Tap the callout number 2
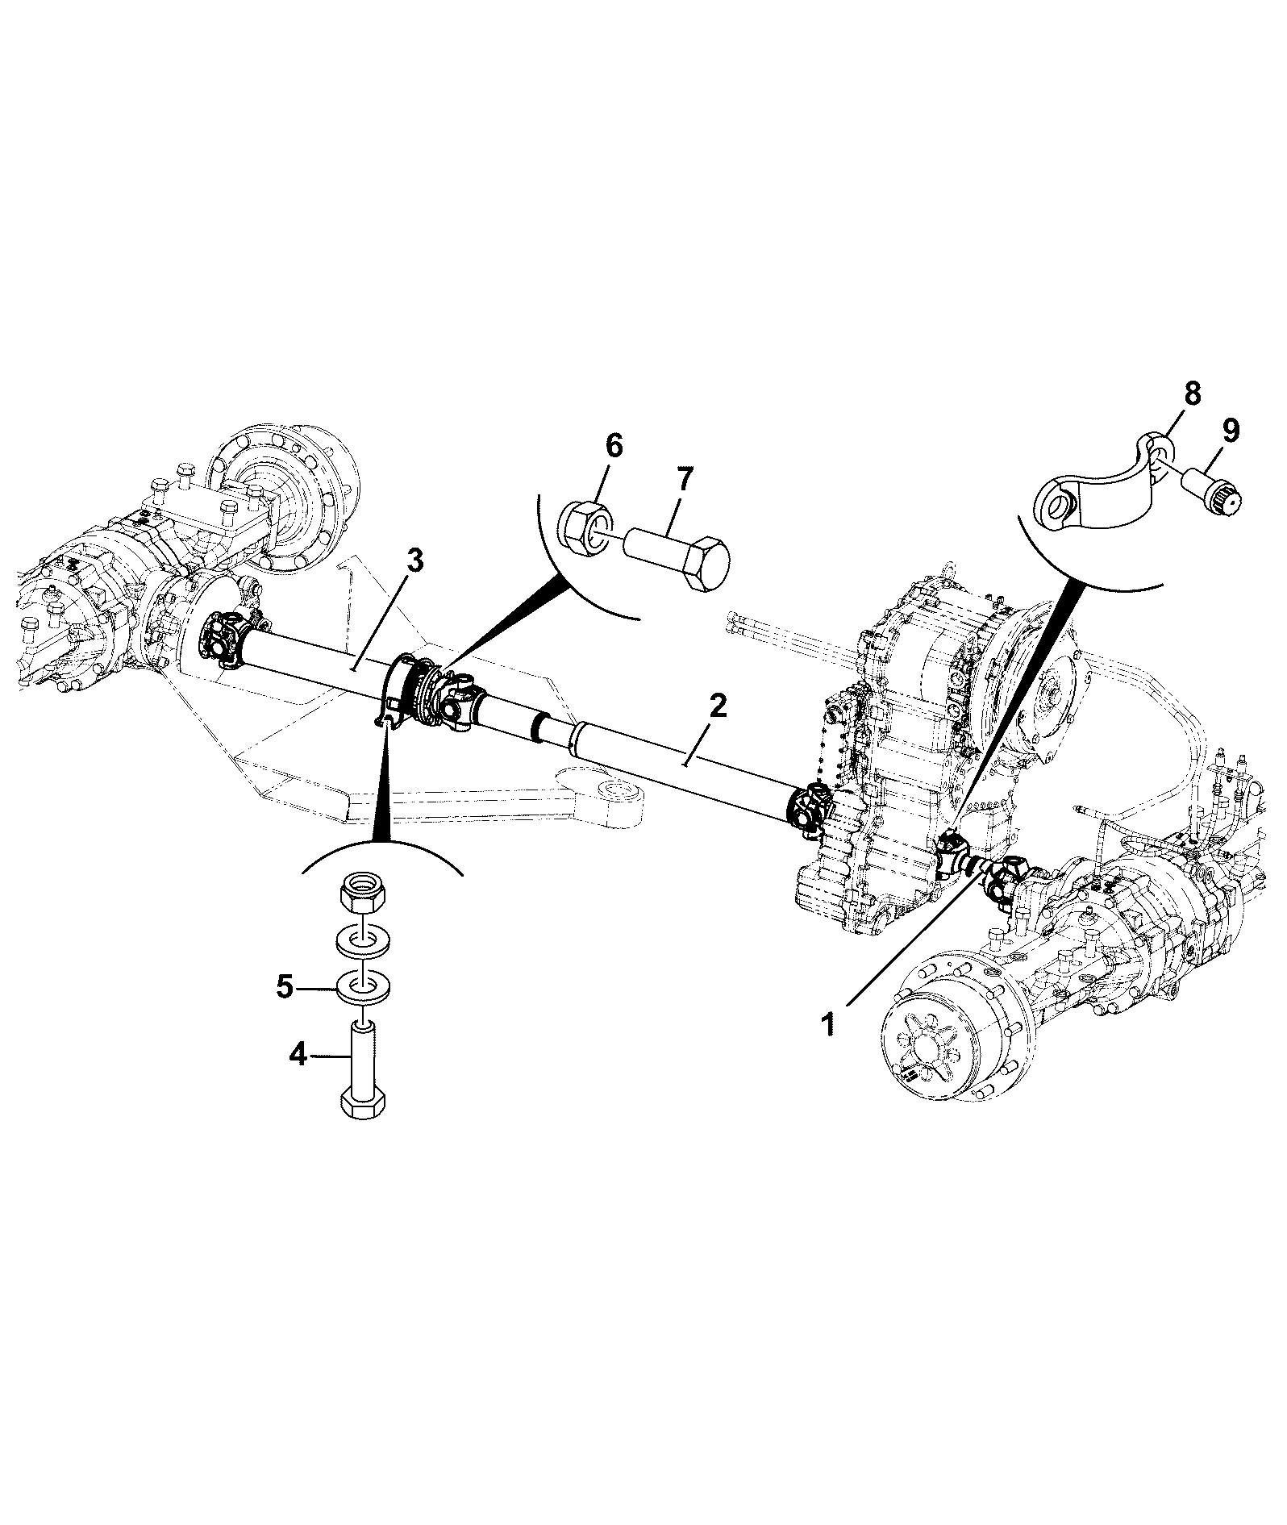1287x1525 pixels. pyautogui.click(x=717, y=707)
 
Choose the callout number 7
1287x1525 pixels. pyautogui.click(x=683, y=479)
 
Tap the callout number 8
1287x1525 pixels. pyautogui.click(x=1192, y=393)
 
